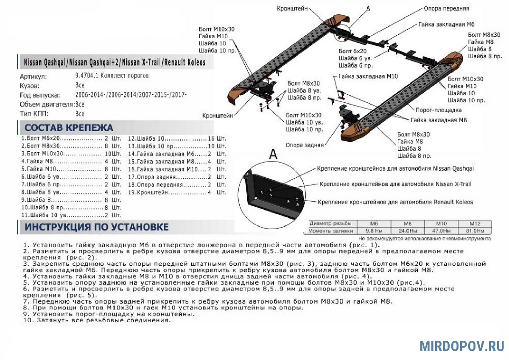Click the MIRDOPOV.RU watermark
coord(462,346)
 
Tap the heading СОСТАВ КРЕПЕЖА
coord(69,128)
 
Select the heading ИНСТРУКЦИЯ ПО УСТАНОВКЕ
coord(97,227)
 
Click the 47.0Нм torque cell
coord(441,231)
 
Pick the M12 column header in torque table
coord(475,224)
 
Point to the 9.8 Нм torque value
coord(374,231)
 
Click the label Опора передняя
coord(446,8)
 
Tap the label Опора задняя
coord(305,145)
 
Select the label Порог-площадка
coord(439,110)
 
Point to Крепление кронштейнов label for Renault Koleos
coord(395,202)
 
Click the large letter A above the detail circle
coord(273,154)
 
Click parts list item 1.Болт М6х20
coord(40,138)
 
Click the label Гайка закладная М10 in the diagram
coord(368,76)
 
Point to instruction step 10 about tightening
coord(97,321)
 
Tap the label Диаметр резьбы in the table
coord(330,224)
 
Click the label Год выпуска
coord(40,95)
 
